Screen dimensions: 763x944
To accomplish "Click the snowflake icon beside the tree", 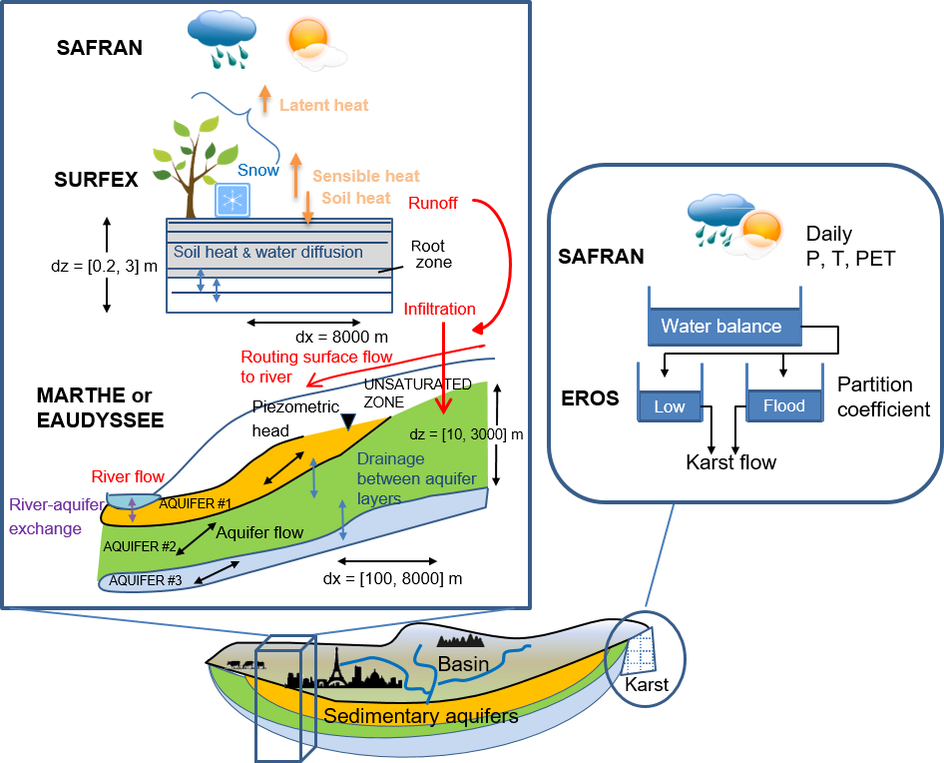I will coord(232,201).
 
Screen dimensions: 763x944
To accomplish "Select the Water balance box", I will coord(720,326).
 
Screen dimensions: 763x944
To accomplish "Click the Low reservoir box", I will coord(670,406).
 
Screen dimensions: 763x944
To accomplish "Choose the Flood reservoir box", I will coord(783,406).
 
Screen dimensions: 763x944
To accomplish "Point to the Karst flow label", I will coord(731,463).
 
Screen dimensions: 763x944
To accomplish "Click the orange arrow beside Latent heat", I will coord(265,98).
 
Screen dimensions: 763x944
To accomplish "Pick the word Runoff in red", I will coord(433,204).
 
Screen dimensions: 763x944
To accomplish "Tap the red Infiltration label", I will coord(439,309).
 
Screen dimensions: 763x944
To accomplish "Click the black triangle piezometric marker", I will coord(348,422).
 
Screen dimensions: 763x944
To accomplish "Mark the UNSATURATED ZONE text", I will coord(403,391).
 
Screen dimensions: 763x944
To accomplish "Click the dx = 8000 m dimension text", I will coord(340,337).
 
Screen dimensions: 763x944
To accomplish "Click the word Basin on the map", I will coord(464,664).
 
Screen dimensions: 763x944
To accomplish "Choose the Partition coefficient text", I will coord(883,396).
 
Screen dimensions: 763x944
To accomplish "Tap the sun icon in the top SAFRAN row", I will coord(306,39).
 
